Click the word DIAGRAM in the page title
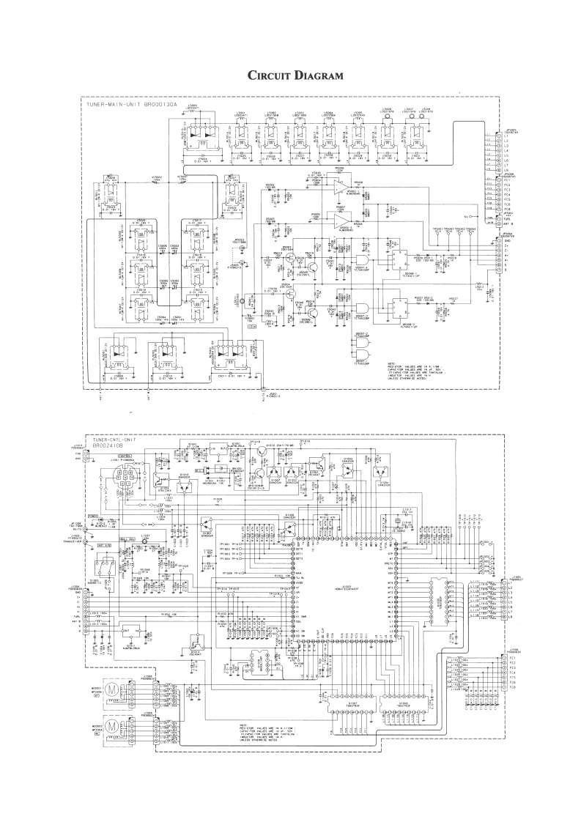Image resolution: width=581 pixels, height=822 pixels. (x=318, y=75)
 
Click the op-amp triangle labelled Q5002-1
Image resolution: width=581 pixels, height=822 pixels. (x=338, y=188)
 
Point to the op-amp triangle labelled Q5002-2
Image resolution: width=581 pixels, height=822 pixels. (x=338, y=218)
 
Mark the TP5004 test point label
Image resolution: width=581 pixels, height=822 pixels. (x=472, y=229)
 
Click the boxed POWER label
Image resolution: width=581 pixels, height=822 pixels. (x=93, y=515)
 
